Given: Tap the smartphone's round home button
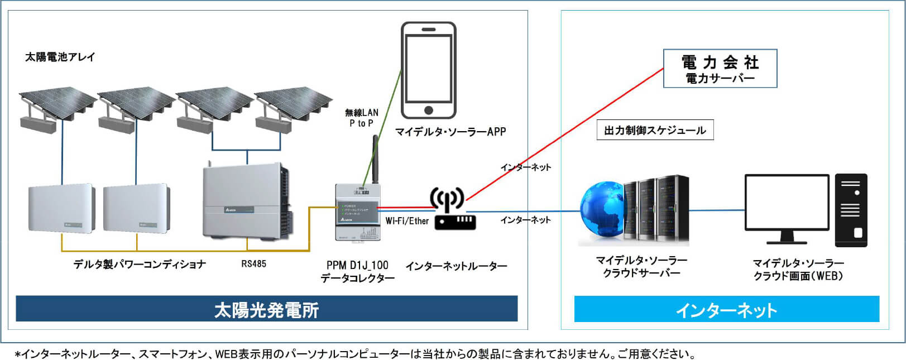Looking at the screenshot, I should coord(428,110).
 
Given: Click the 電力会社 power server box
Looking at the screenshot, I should coord(720,69).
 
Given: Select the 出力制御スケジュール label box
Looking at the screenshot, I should coord(655,131).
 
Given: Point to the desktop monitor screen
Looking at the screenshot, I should coord(787,202).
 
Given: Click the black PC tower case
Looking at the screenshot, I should coord(851,210).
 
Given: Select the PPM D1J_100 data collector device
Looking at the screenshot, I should coord(357,212).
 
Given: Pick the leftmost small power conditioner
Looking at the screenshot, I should coord(61,209).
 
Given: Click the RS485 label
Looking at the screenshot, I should coord(253,264).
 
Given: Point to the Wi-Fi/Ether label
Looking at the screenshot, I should coord(407,221).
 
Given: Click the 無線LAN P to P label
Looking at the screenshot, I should coord(361,118).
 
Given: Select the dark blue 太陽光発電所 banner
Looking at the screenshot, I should coord(266,309).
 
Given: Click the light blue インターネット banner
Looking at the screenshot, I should coord(726,309).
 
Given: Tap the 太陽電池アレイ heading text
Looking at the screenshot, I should coord(60,57).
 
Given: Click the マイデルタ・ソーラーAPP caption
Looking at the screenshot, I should coord(450,132).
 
